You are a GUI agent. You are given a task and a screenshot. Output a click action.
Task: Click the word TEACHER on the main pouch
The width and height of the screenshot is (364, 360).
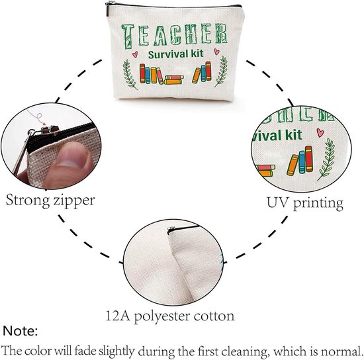coord(174,36)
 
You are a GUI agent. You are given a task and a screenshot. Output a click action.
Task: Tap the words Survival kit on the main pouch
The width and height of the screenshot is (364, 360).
coord(176,54)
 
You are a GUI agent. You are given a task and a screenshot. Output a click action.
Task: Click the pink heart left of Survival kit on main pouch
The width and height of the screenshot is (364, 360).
coord(135,54)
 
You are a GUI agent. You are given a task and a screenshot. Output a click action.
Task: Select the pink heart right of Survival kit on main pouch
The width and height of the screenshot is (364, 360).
coord(216,52)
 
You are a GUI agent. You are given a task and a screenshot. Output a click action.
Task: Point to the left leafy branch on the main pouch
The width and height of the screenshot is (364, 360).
coord(129,74)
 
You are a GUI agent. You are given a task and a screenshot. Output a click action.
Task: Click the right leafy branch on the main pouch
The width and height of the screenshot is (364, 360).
coord(221,71)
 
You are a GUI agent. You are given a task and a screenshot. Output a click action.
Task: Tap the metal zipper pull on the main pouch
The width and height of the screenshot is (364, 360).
coord(107,9)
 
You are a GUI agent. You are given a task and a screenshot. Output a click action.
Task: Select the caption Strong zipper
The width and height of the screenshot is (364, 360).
coord(50,201)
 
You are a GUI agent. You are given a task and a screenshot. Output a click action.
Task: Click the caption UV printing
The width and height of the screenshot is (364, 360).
coord(305,203)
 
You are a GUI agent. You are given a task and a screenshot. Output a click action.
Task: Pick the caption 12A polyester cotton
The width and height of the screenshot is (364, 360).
coord(170,316)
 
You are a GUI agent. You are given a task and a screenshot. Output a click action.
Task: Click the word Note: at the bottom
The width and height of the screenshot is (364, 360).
coord(21,331)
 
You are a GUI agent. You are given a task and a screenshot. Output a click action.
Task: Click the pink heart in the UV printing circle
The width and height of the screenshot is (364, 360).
coord(320,132)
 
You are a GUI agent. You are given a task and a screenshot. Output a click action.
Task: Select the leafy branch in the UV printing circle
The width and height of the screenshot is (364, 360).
coord(327,159)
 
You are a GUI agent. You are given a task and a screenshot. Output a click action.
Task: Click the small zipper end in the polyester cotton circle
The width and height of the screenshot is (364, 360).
coord(171,230)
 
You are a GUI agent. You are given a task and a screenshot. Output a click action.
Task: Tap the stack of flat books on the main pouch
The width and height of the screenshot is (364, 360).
coord(173,79)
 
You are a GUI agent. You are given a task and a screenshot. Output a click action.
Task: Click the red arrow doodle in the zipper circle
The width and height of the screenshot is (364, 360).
coord(36,117)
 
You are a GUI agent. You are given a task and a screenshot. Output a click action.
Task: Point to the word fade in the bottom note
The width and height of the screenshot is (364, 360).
coord(85,351)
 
